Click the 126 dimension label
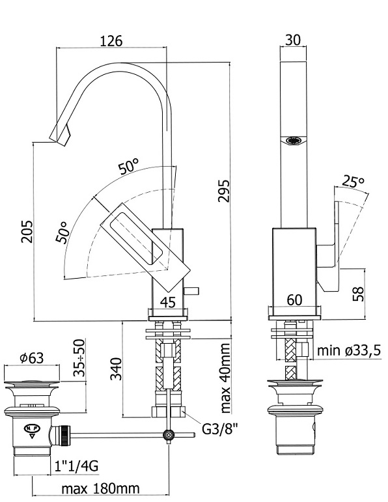point(111,41)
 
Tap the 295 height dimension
point(223,191)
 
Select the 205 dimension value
point(27,231)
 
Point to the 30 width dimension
point(293,40)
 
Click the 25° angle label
point(353,182)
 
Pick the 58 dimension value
point(358,294)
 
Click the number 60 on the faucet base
point(294,300)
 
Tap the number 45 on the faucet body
point(168,301)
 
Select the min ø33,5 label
point(349,350)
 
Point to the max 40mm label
point(225,378)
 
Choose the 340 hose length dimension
point(116,369)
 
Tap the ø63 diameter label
point(32,357)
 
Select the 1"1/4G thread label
point(76,466)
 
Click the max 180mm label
point(100,489)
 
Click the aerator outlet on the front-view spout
point(294,140)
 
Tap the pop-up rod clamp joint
point(169,435)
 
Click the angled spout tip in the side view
point(61,135)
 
